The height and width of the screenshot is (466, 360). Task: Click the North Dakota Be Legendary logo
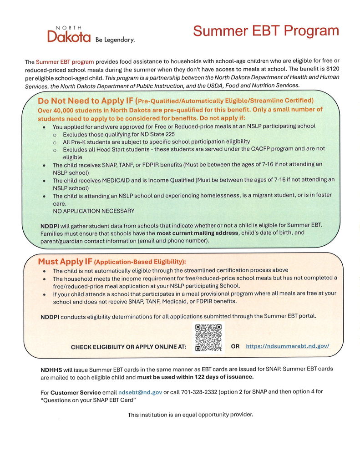pos(91,35)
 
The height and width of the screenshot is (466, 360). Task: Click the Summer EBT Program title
pos(266,31)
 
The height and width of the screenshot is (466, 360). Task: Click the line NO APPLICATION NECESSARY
pos(93,211)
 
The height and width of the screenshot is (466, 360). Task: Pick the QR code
pos(208,337)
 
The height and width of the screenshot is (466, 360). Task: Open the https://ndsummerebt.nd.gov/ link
pos(287,346)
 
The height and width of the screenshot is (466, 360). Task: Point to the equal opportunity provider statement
pos(190,415)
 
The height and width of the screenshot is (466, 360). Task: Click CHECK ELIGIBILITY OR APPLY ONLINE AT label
pos(128,347)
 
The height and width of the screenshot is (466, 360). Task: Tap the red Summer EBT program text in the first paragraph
pos(65,61)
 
